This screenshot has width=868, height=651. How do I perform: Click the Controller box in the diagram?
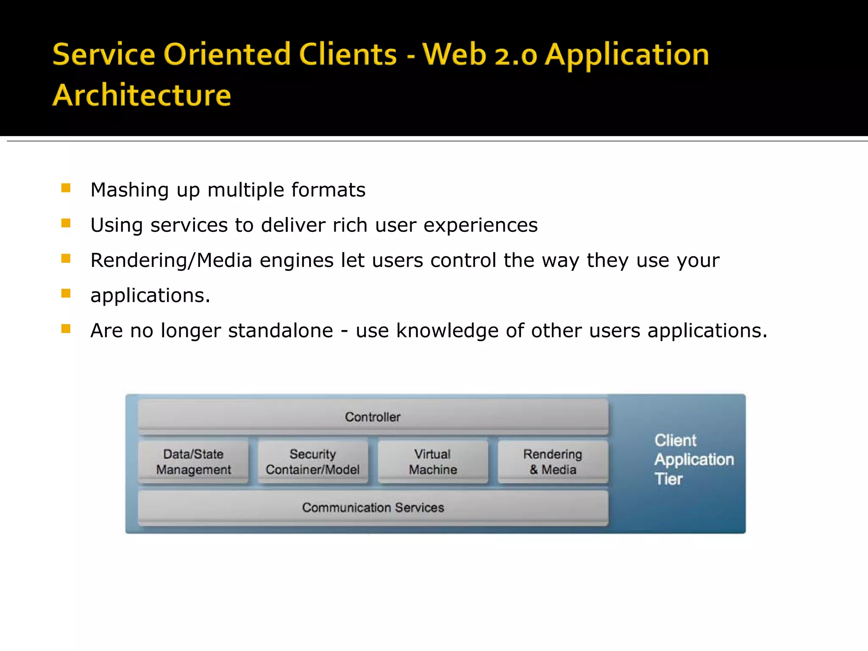click(373, 417)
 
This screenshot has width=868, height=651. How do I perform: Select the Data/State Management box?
click(193, 462)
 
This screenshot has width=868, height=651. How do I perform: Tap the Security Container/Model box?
click(313, 462)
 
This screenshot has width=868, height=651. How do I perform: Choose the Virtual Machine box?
click(433, 462)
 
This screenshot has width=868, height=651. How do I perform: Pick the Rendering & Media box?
click(553, 462)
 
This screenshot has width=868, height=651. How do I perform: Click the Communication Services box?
click(373, 508)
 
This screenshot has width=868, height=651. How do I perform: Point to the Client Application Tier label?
click(693, 460)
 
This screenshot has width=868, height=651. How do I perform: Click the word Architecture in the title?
click(142, 95)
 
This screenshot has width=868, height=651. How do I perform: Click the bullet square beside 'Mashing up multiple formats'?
click(66, 188)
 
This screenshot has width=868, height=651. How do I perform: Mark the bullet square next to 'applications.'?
click(66, 293)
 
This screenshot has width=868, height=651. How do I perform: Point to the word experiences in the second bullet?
click(480, 225)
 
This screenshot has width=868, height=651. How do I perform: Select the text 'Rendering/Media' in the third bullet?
click(171, 260)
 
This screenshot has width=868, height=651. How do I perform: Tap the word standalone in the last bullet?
click(281, 331)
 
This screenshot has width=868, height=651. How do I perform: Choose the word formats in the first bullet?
click(328, 190)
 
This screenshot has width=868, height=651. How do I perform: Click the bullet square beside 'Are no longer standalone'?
click(66, 328)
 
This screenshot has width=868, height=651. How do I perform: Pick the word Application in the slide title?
click(627, 55)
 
